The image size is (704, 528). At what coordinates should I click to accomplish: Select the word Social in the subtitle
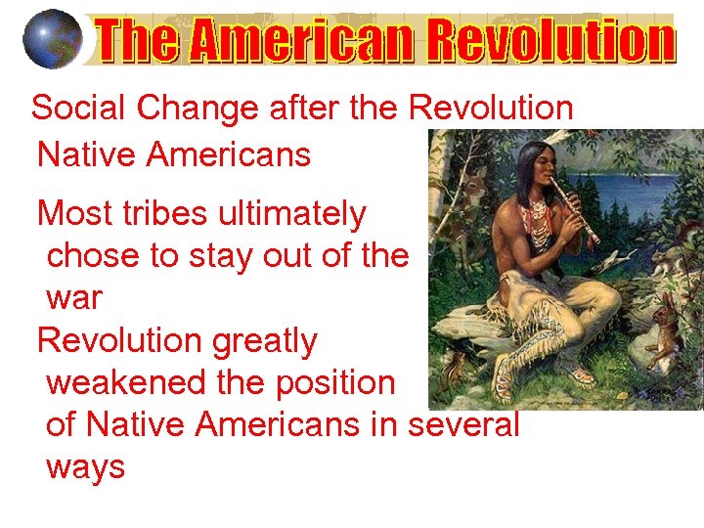(80, 109)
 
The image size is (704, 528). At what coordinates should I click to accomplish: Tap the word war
(73, 297)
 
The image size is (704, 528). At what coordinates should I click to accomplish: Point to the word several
(463, 425)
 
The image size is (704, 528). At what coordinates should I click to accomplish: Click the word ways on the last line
(86, 467)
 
